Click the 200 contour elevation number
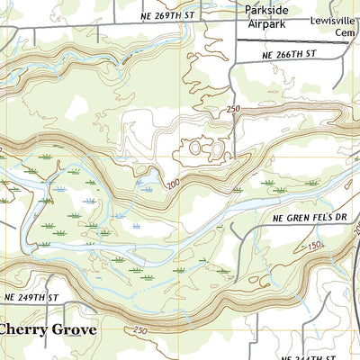click(x=172, y=185)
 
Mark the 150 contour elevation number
click(x=311, y=245)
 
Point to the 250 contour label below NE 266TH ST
click(x=233, y=110)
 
